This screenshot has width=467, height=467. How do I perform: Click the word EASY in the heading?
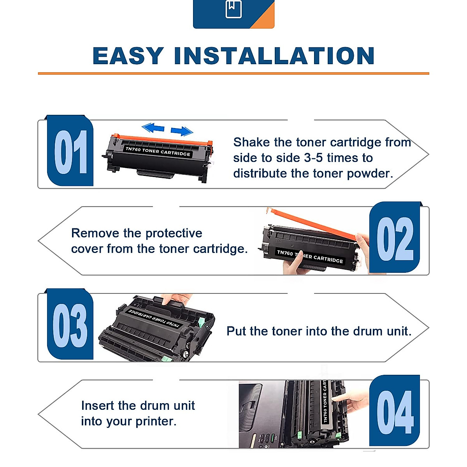(128, 56)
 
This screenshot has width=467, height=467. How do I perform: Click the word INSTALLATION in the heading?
(274, 56)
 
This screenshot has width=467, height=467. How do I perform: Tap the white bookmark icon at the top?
(233, 9)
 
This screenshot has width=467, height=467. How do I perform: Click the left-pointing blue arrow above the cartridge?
(153, 128)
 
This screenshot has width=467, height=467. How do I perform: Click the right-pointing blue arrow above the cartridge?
(182, 131)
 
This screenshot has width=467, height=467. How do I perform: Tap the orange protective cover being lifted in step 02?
(311, 223)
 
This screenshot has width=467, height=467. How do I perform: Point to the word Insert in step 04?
(97, 406)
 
